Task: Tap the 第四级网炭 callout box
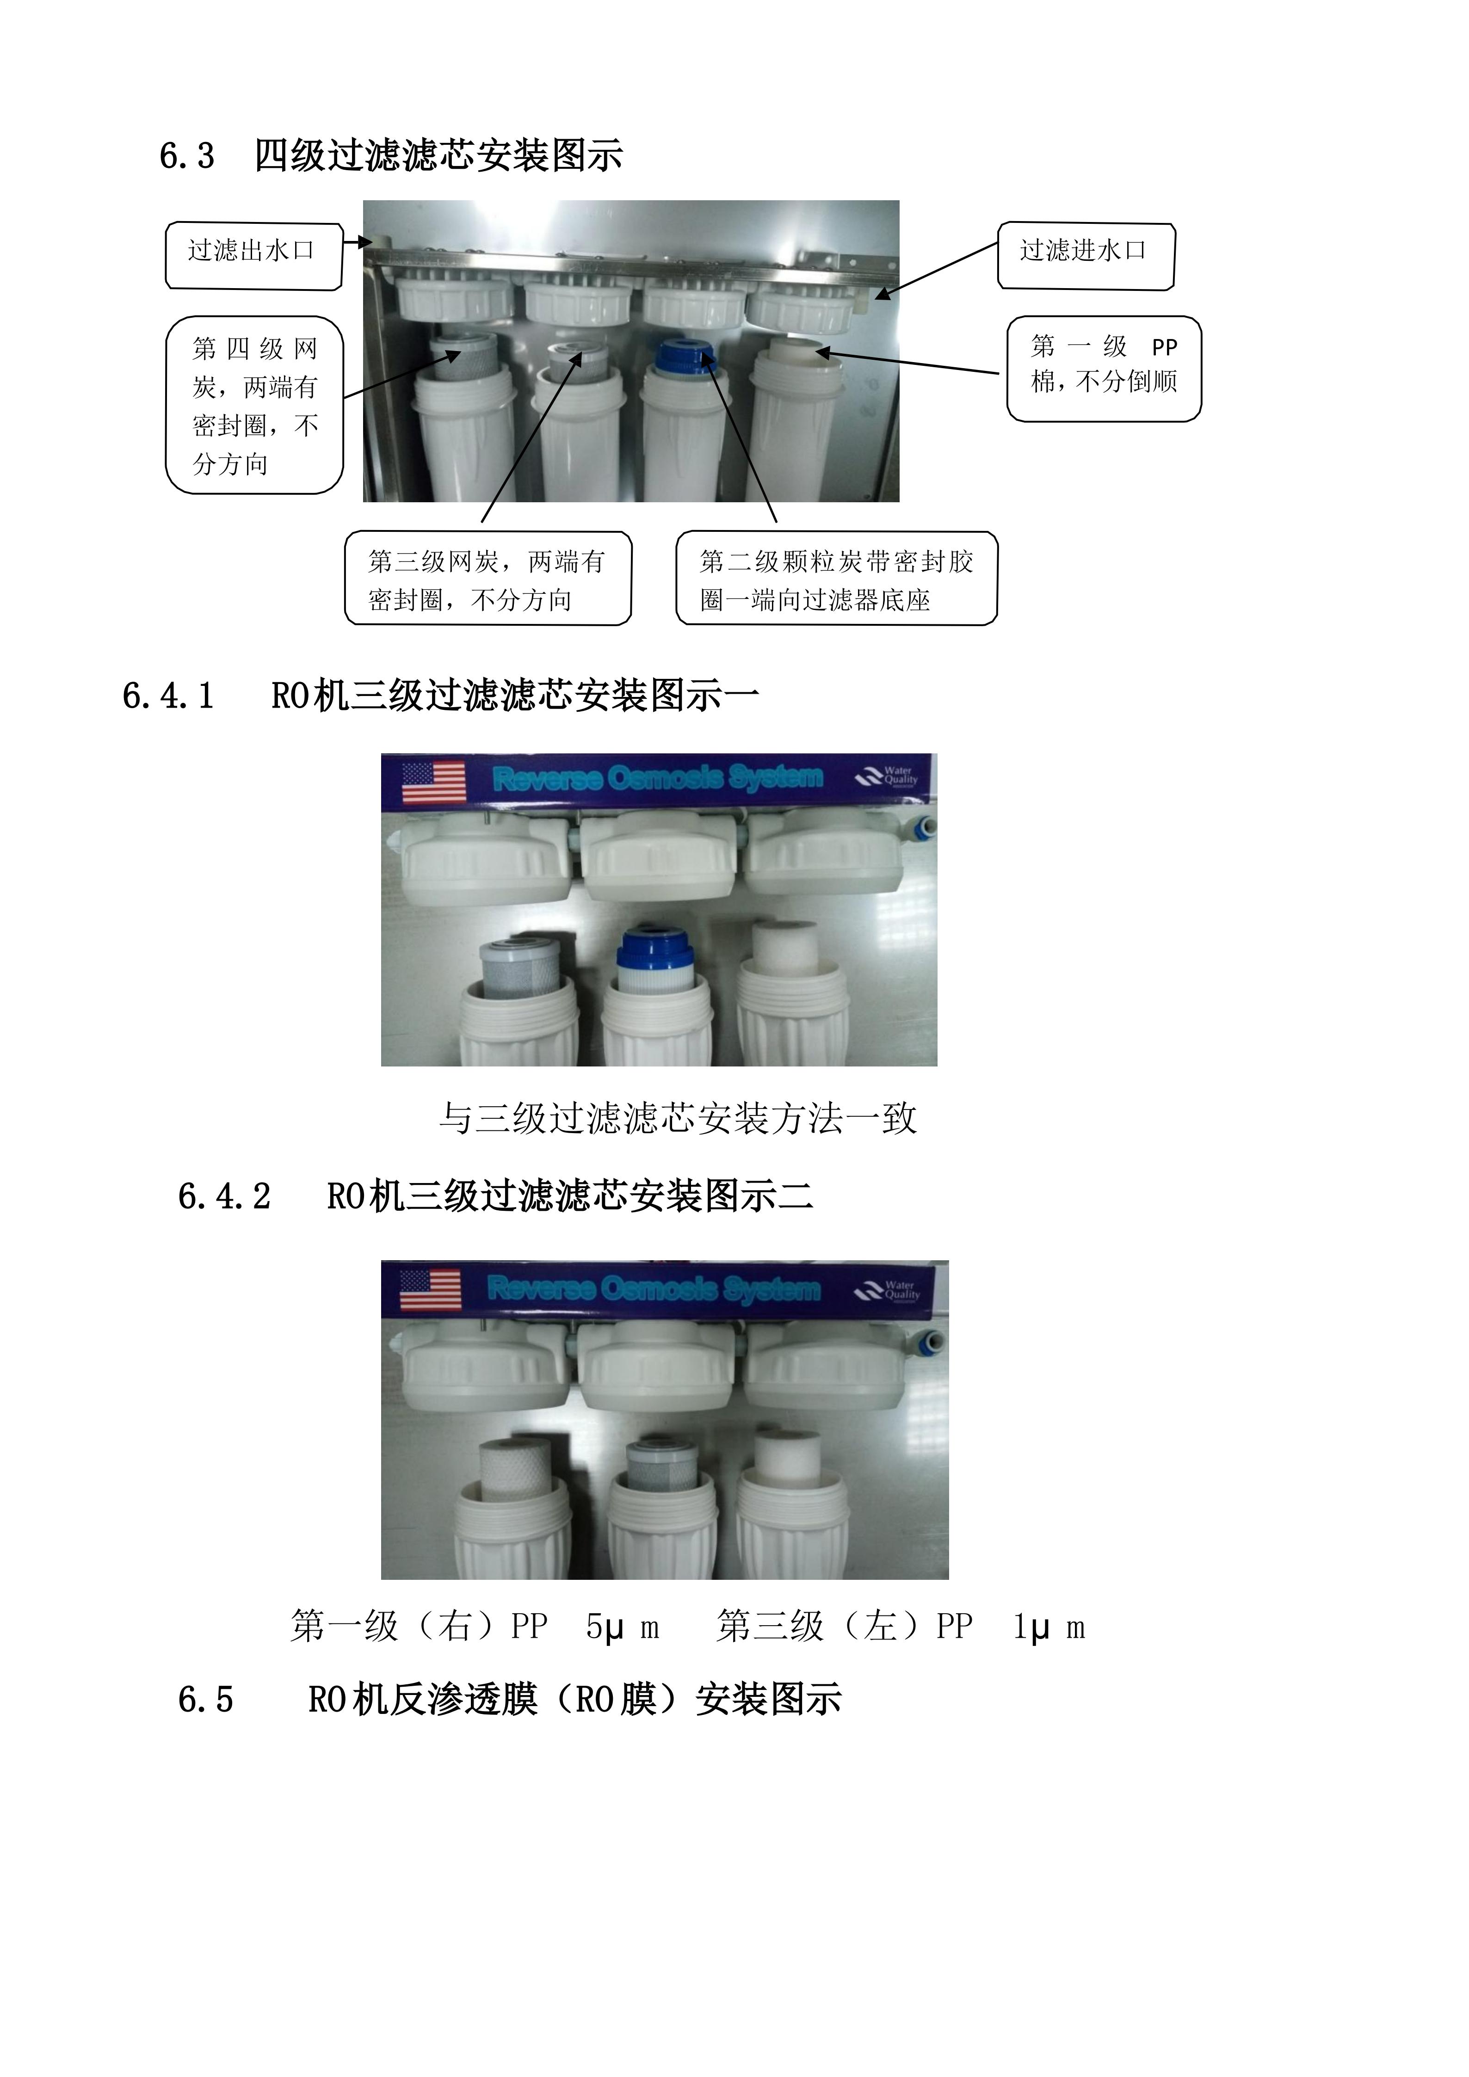(254, 404)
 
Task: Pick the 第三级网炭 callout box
(488, 578)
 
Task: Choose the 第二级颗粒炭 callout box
(836, 578)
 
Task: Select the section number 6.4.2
(224, 1197)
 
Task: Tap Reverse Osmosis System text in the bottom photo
(653, 1288)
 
